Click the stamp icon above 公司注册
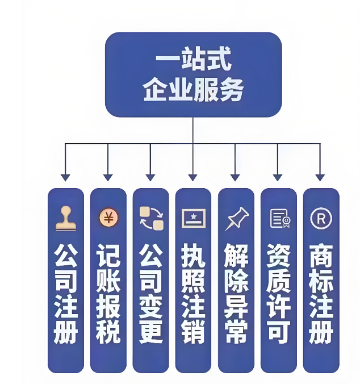[66, 218]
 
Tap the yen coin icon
[108, 218]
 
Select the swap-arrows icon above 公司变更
[152, 218]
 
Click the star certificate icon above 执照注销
[194, 218]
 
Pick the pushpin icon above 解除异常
[237, 219]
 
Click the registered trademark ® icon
[321, 218]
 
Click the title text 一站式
[193, 59]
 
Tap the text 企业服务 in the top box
[193, 89]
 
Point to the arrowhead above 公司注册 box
[65, 178]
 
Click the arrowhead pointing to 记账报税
[108, 178]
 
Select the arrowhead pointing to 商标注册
[320, 178]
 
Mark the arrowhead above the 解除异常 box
[235, 178]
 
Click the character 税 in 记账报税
[108, 332]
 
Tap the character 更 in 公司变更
[151, 332]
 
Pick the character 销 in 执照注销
[193, 332]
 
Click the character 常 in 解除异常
[236, 332]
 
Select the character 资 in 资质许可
[278, 256]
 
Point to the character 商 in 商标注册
[321, 256]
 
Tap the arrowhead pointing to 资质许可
[278, 178]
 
